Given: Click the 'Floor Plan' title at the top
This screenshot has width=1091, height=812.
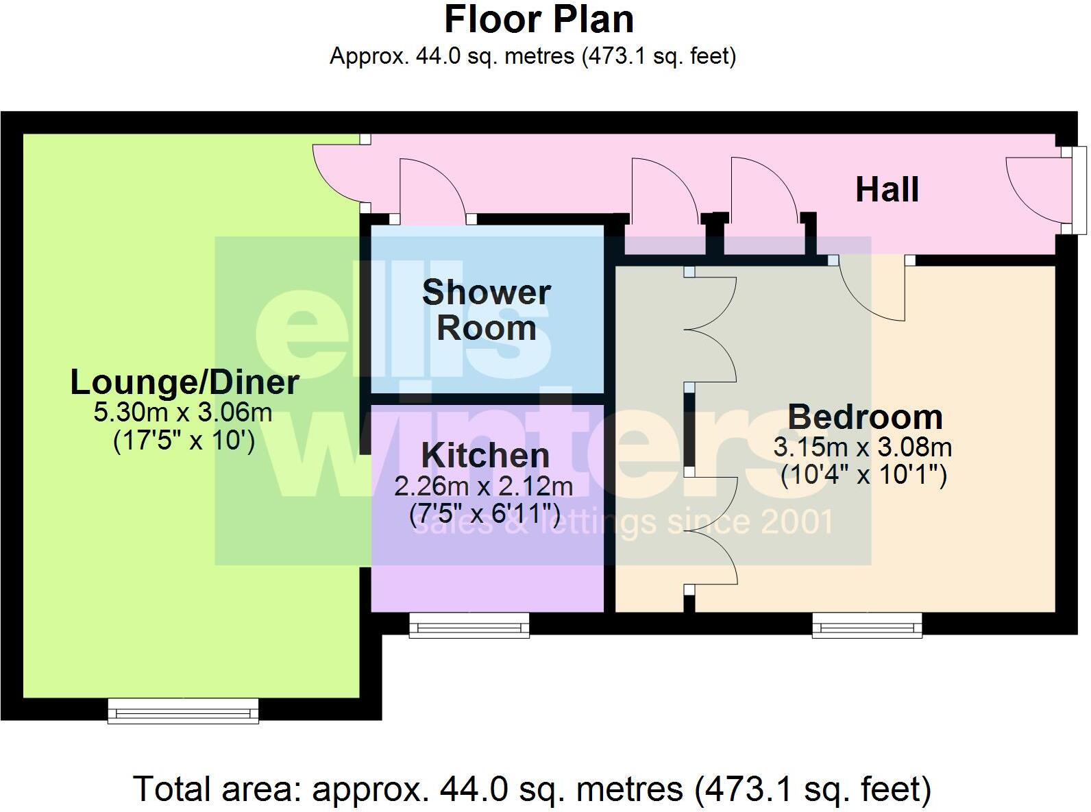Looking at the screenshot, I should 539,20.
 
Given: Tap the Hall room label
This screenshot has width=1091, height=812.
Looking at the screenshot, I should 887,190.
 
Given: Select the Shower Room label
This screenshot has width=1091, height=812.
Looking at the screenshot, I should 486,310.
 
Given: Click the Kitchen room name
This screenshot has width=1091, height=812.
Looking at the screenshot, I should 485,456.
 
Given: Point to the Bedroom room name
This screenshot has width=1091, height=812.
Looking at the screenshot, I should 865,417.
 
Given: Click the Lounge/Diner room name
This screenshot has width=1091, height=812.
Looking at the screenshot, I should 184,382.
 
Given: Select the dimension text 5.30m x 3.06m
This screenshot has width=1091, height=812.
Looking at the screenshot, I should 183,413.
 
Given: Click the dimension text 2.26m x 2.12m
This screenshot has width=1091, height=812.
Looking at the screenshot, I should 483,487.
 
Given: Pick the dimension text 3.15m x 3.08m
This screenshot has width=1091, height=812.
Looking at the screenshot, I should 862,447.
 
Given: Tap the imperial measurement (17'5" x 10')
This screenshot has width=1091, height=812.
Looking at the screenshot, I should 184,441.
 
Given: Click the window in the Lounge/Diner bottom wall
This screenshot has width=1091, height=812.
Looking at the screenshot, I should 183,711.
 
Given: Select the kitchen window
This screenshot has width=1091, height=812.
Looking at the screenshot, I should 469,625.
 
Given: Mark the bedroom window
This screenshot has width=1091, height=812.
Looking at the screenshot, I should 867,625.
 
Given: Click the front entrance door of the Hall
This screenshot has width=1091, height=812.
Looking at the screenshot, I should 1035,188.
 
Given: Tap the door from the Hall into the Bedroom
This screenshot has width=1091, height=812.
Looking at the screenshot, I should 870,288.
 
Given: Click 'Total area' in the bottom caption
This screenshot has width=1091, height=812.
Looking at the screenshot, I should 217,789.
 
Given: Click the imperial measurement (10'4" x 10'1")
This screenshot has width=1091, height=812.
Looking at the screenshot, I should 863,475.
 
